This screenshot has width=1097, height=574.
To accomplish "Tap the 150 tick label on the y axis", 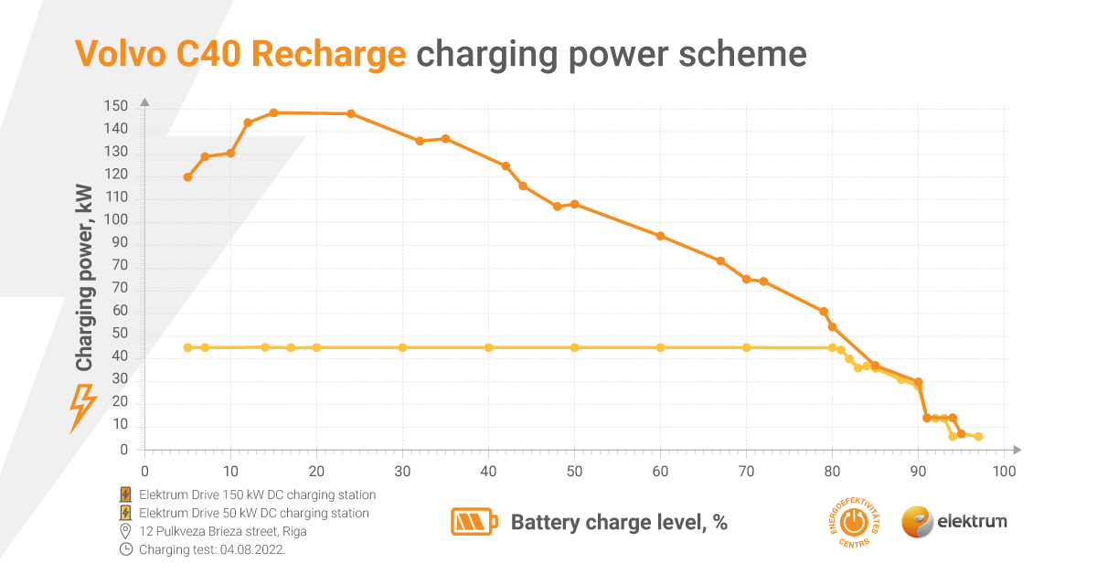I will (116, 107).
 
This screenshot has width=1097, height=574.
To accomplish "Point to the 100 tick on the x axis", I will (1004, 472).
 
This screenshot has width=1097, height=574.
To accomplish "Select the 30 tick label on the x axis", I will (402, 472).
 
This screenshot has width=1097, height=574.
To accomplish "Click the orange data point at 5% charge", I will (187, 177).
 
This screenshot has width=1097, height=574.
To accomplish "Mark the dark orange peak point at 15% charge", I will (273, 112).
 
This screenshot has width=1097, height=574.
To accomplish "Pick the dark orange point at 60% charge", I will (660, 236).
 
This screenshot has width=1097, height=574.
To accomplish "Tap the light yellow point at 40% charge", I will (488, 347).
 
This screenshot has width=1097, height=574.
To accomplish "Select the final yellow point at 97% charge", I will (978, 437).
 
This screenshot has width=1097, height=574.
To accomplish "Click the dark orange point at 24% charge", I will (351, 113).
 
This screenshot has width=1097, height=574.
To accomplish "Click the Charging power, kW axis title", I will (84, 278).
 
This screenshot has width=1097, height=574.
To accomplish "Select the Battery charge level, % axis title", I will (619, 523).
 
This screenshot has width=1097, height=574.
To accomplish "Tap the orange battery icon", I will (474, 522).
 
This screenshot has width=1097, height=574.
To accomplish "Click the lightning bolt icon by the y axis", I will (83, 408).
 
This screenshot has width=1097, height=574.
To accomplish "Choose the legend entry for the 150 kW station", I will (257, 494).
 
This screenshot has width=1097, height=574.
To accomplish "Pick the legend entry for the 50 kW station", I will (253, 513).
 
